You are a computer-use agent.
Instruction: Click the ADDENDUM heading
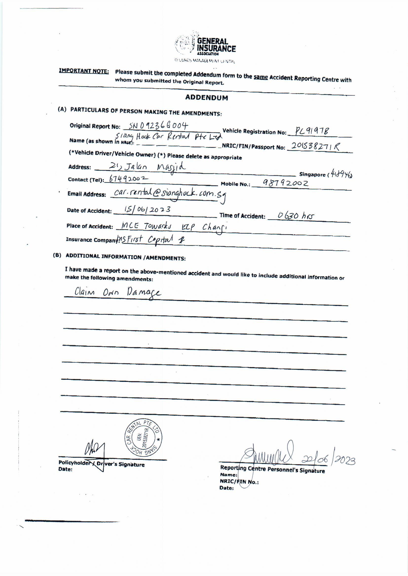(x=206, y=98)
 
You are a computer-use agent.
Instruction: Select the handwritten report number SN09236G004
(x=158, y=125)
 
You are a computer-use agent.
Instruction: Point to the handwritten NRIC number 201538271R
(x=315, y=146)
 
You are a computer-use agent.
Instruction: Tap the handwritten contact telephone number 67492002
(x=128, y=179)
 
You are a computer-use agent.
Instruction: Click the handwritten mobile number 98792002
(x=285, y=183)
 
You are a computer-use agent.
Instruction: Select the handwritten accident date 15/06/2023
(x=147, y=209)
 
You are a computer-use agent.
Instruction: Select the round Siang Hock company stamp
(x=144, y=438)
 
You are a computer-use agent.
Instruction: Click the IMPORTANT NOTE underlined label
(x=84, y=71)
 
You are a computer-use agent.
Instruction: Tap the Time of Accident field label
(x=242, y=216)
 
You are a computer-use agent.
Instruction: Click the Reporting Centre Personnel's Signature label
(x=272, y=469)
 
